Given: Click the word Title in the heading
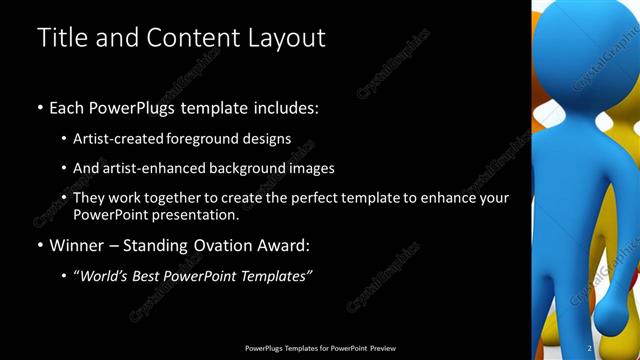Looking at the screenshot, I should (x=60, y=38).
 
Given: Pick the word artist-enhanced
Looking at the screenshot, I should (x=151, y=168).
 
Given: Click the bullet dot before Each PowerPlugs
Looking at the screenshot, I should (x=40, y=107).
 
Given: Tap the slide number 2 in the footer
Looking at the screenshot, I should (x=590, y=348).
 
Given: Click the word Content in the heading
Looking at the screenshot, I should (x=187, y=38).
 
